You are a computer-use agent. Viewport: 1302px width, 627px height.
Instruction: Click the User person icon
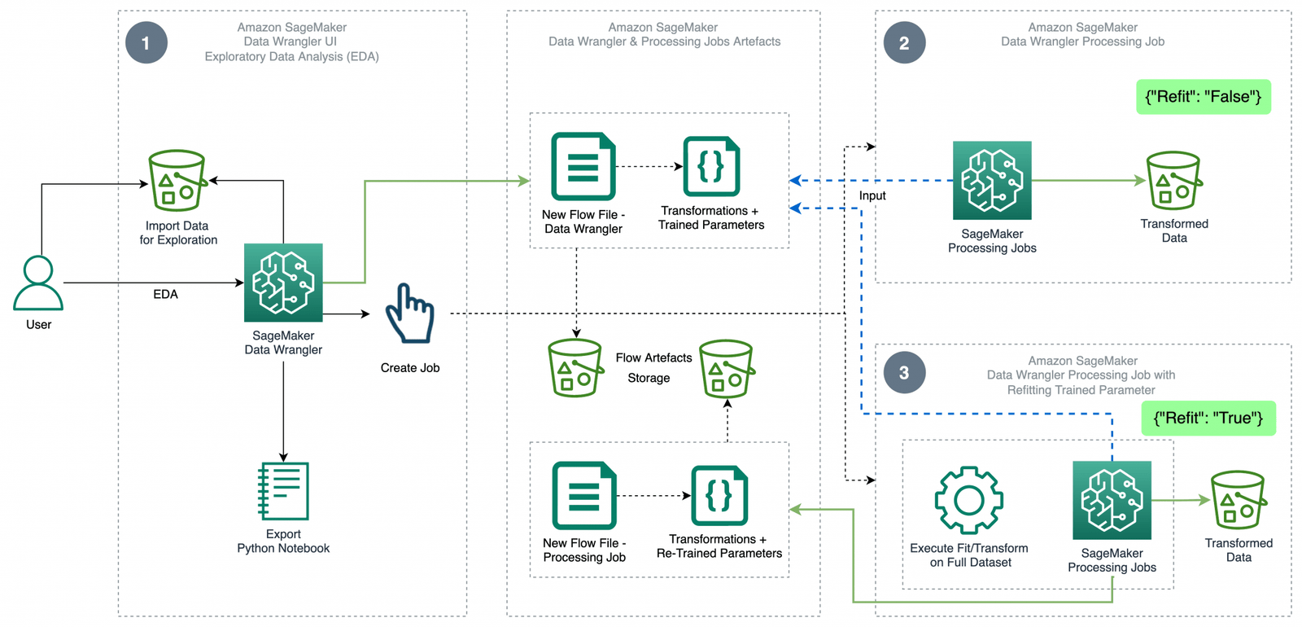tap(38, 283)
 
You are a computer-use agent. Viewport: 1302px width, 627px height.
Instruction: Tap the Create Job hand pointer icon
tap(410, 313)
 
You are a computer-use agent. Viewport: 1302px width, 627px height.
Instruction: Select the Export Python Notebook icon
tap(283, 491)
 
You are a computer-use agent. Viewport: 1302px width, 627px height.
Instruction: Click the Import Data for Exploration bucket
tap(177, 181)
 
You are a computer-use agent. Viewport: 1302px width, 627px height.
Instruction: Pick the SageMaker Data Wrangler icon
tap(283, 283)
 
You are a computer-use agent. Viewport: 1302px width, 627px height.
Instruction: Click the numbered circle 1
tap(146, 43)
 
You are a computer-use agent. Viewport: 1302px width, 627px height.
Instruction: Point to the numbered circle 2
tap(904, 43)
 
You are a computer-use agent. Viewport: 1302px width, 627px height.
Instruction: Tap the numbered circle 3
tap(904, 373)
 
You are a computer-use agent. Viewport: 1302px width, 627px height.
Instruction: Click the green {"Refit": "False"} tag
tap(1203, 97)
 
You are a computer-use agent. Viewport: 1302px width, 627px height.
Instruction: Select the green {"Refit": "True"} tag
tap(1208, 419)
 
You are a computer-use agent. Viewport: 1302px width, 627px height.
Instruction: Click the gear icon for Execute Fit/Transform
tap(968, 500)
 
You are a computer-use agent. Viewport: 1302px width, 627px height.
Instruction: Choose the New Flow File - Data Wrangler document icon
tap(583, 166)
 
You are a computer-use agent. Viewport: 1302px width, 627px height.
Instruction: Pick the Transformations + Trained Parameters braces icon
tap(711, 167)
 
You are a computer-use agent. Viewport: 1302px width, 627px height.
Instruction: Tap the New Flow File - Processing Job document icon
tap(584, 496)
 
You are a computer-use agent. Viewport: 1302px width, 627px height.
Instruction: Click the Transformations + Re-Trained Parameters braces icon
tap(719, 496)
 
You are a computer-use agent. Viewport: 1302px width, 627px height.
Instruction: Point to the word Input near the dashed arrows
tap(872, 196)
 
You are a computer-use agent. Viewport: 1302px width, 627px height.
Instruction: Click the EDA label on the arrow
tap(165, 294)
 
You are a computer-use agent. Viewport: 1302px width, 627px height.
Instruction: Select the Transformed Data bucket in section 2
tap(1173, 181)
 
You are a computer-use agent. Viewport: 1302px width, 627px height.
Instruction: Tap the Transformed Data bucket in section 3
tap(1239, 500)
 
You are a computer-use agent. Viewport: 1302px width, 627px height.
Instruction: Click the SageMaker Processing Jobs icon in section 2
tap(992, 181)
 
